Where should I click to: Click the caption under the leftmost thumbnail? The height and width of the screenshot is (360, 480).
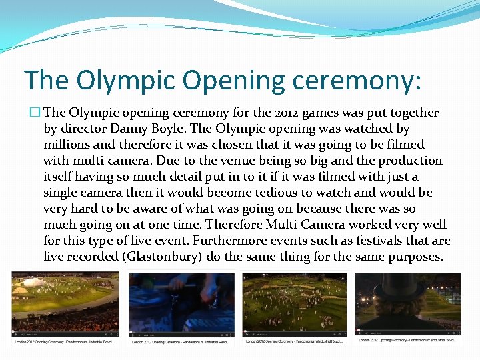click(65, 342)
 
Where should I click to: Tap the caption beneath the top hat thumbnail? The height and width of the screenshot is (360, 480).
click(406, 341)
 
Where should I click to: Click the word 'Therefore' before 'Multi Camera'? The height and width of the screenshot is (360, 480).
click(233, 225)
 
